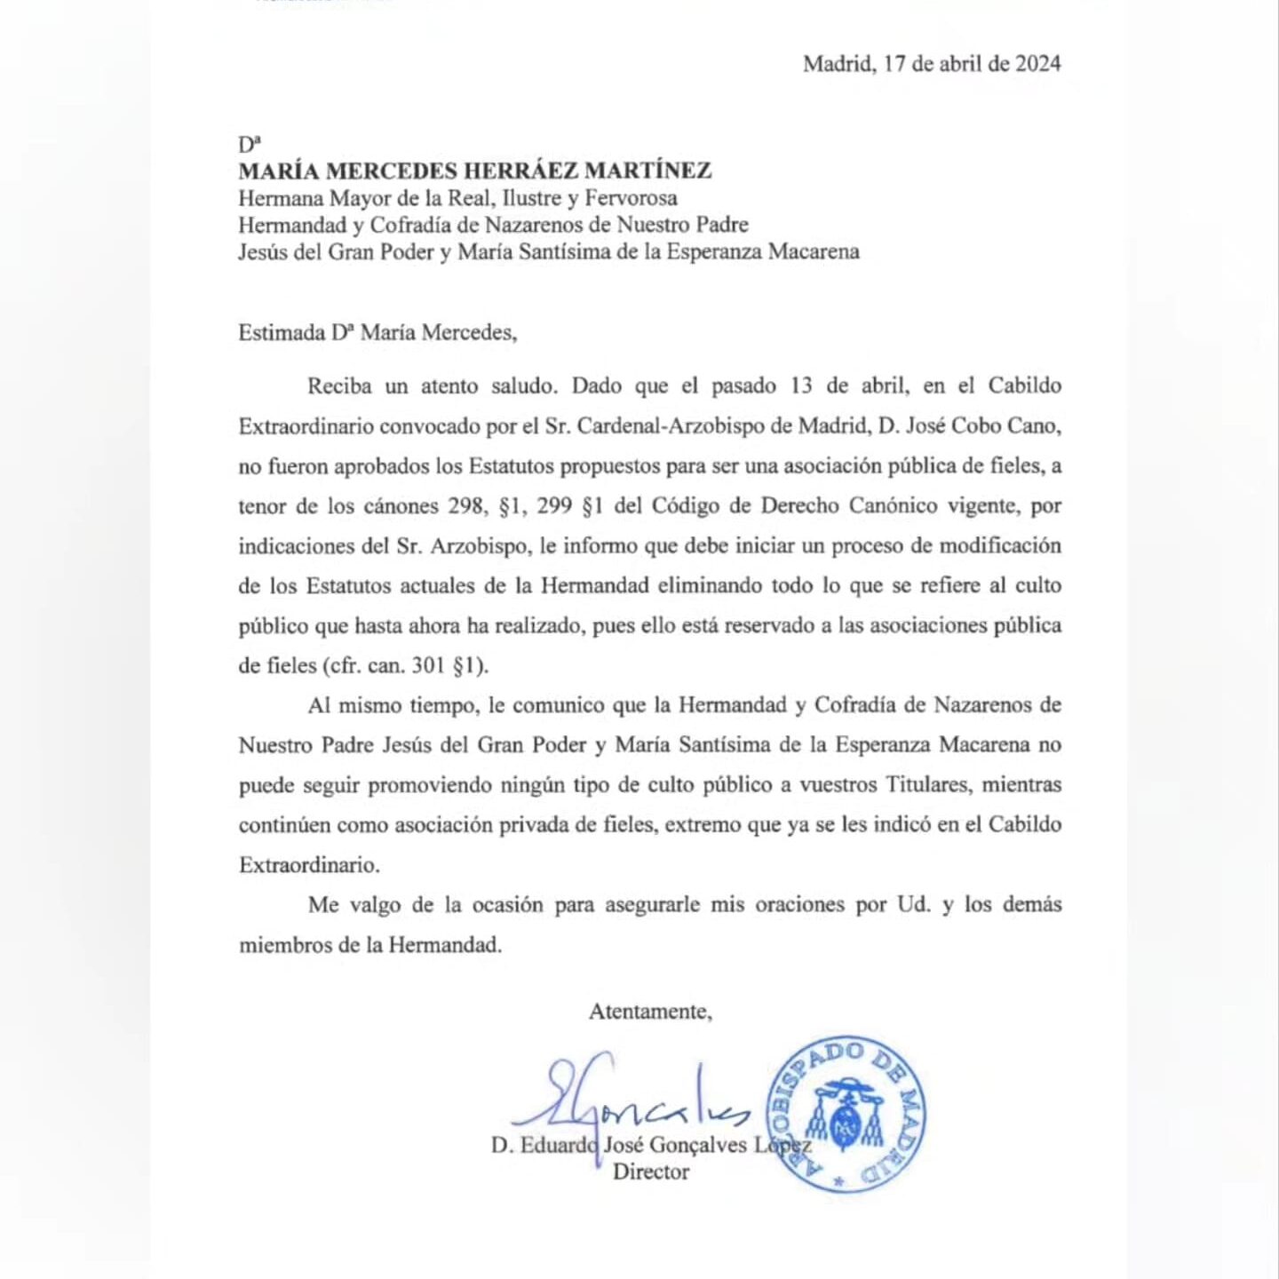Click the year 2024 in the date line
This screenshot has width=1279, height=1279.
[1038, 63]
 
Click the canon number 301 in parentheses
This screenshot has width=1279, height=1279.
[429, 665]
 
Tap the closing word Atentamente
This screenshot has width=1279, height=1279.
[650, 1012]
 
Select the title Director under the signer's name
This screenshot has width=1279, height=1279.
[651, 1172]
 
